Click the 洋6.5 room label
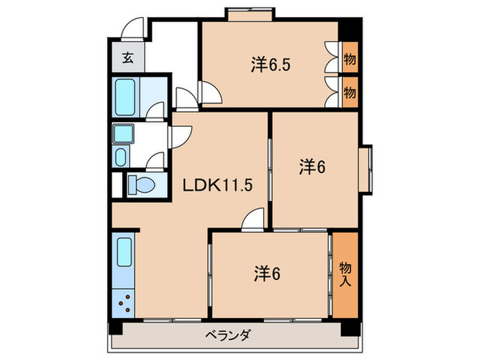[x=265, y=66]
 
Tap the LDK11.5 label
[x=211, y=185]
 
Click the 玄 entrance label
[x=128, y=58]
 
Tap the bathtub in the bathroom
[x=126, y=97]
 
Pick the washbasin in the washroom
[x=121, y=157]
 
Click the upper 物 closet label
[x=349, y=60]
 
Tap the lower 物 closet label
[x=349, y=92]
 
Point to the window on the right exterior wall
[x=368, y=167]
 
